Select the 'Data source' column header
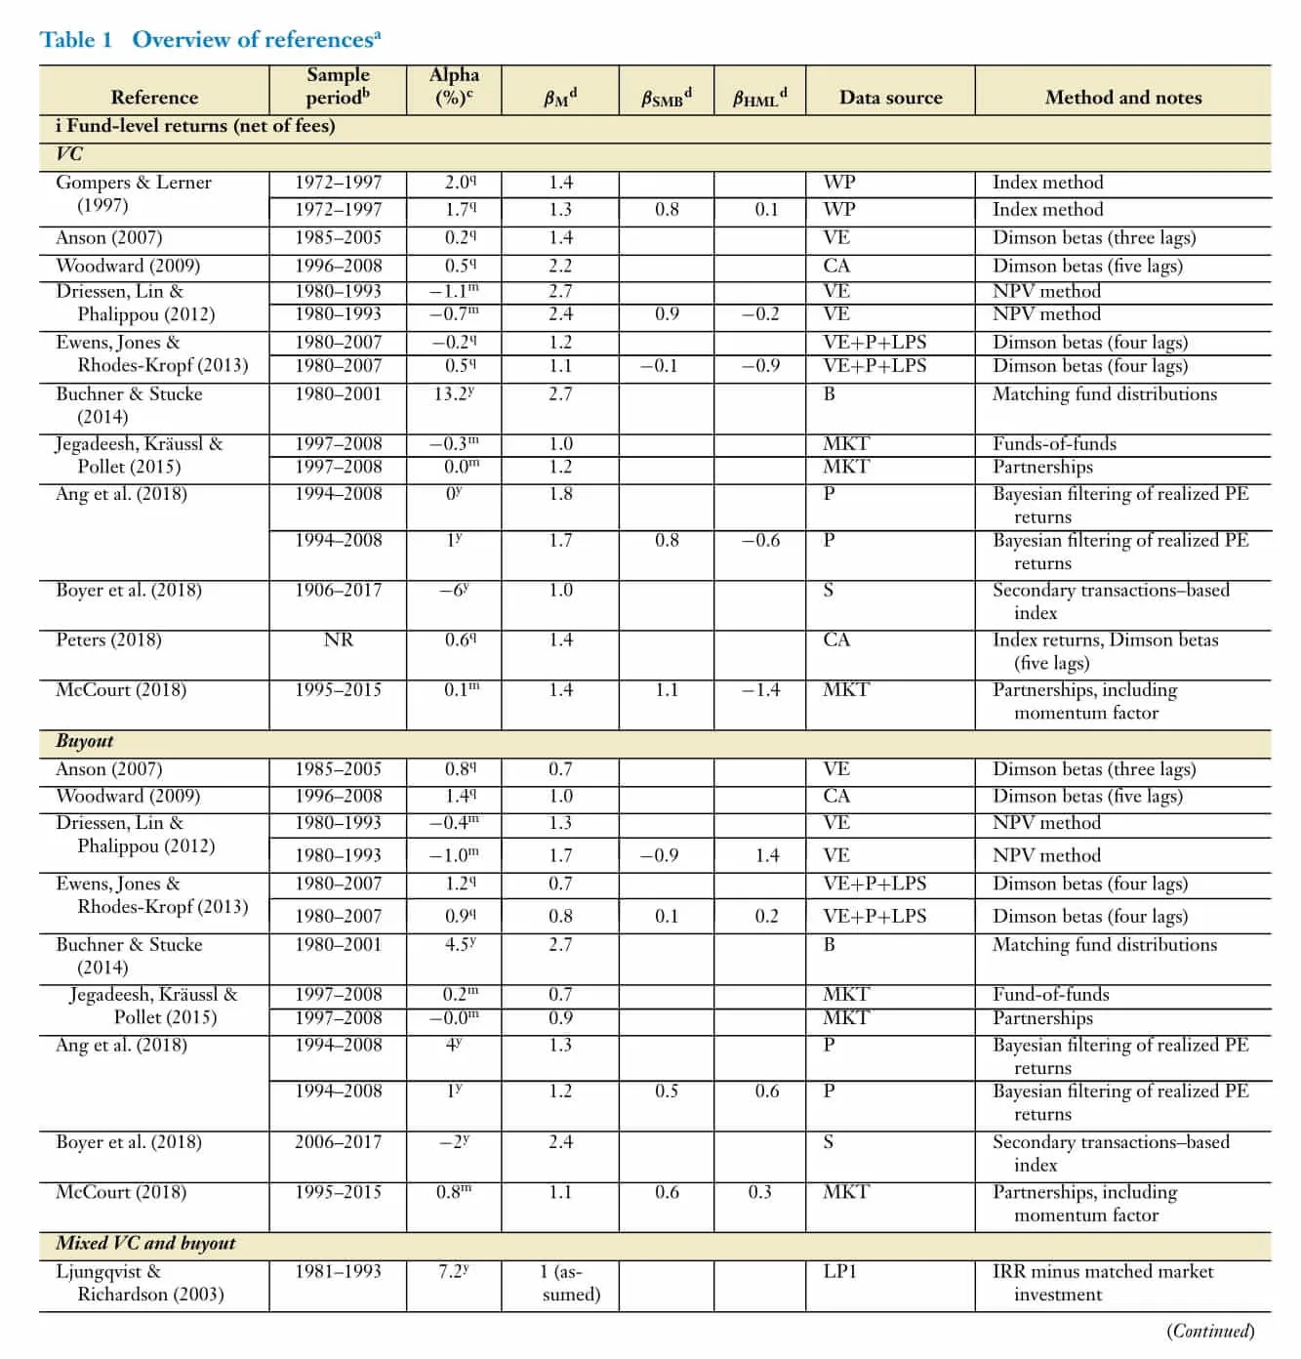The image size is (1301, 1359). click(890, 98)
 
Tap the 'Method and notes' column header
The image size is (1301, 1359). click(1122, 98)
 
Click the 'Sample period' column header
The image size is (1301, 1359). click(338, 86)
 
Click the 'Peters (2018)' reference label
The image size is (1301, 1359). click(107, 640)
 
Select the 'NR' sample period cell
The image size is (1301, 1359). click(338, 640)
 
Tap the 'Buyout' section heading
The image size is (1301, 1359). click(85, 742)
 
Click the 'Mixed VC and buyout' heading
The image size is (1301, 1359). click(145, 1244)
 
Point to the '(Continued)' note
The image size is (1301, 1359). click(1210, 1332)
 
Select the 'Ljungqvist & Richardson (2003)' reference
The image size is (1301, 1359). click(139, 1283)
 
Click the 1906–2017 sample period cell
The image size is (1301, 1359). click(338, 591)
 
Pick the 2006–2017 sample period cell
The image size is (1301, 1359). click(338, 1142)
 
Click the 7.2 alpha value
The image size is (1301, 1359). click(455, 1272)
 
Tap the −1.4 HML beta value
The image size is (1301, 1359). click(760, 690)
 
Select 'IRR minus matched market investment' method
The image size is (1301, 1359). click(1103, 1283)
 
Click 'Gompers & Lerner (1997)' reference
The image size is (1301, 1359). click(133, 193)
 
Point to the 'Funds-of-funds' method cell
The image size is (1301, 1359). click(1054, 444)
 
